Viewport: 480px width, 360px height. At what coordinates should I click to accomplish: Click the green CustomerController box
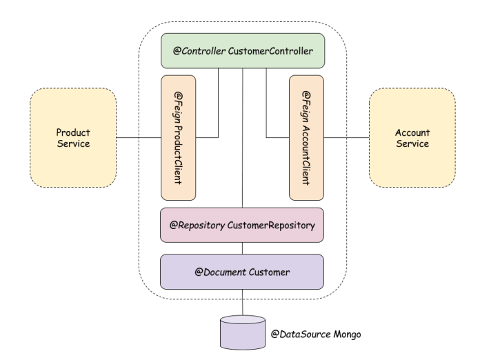click(242, 50)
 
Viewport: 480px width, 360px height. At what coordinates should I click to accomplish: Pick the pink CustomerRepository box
click(242, 226)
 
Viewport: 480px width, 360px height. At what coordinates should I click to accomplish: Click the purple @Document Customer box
click(242, 272)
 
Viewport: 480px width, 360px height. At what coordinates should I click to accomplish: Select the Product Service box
click(73, 138)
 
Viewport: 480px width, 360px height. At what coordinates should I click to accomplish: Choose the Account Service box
click(412, 138)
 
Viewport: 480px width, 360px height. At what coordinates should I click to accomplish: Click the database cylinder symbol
click(242, 332)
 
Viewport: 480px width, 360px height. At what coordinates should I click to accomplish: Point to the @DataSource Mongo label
click(316, 334)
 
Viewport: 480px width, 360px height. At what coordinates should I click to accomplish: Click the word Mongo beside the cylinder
click(345, 334)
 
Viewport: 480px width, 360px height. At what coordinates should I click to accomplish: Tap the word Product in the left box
click(73, 132)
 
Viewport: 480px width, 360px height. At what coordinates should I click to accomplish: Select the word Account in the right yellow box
click(412, 132)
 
